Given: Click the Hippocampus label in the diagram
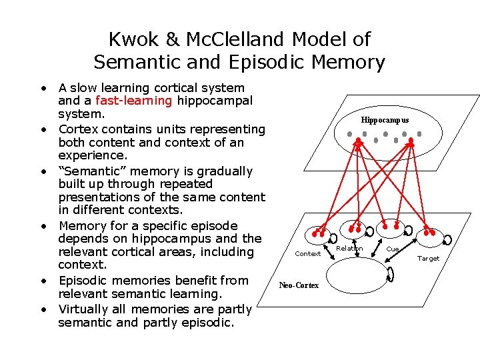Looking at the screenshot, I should point(385,121).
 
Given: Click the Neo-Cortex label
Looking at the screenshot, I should point(299,285).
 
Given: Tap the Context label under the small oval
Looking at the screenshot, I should point(307,253).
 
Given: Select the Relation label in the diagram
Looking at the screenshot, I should point(349,249).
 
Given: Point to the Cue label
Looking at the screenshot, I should point(393,249).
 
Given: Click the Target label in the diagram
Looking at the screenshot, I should point(429,258).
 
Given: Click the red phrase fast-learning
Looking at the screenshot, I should point(134,101).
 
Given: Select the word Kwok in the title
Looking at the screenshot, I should point(132,39).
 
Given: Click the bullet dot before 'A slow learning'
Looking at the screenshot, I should point(43,88).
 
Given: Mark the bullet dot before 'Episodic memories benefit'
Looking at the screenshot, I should point(43,281).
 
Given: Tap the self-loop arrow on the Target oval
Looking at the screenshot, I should point(447,239).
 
